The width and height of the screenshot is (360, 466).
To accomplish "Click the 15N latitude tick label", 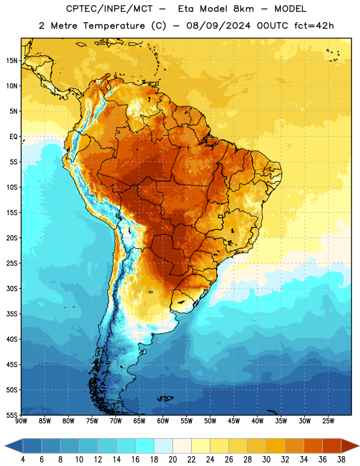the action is point(12,61).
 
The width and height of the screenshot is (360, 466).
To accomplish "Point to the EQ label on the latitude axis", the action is point(13,137).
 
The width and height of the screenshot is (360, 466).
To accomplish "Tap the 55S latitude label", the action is point(12,415).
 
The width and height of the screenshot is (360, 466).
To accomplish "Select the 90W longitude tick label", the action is point(21,421).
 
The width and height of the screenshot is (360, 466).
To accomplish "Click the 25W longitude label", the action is point(328,421).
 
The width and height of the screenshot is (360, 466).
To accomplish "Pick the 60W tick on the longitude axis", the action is point(163,421).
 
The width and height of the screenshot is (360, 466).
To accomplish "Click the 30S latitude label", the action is point(12,288).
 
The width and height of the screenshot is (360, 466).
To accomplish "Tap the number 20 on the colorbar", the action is point(172,460).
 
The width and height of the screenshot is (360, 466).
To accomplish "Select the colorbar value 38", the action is point(341,460).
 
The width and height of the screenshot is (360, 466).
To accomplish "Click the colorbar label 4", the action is point(23,460).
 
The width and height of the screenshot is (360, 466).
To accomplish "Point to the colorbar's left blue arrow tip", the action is point(5,446).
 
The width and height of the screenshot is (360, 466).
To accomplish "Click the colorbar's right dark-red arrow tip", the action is point(359,446).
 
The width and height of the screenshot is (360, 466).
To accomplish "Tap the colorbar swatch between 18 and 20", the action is point(163,446).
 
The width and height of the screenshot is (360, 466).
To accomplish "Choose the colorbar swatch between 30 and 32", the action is point(276,446).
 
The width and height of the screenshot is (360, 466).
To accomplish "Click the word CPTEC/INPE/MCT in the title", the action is point(109,9).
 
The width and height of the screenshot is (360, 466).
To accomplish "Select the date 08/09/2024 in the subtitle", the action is point(218,26).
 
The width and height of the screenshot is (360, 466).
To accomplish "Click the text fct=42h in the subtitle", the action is point(314,26).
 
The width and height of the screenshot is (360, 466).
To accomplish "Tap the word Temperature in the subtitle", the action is point(114,26).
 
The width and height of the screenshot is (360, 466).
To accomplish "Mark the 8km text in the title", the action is point(243,9).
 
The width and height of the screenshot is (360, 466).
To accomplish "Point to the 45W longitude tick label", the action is point(234,421).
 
